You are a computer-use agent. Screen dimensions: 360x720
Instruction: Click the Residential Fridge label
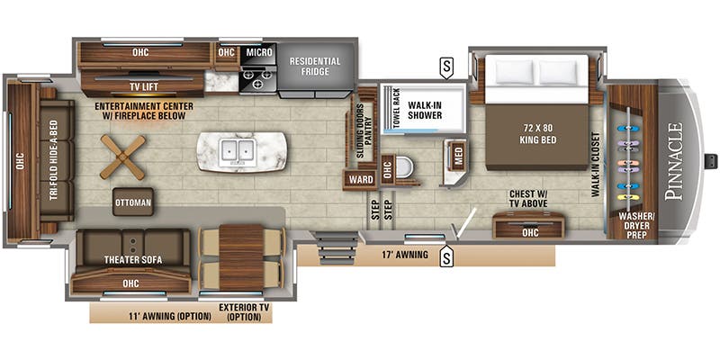[315, 67]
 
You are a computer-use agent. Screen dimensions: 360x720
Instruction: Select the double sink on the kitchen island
[240, 148]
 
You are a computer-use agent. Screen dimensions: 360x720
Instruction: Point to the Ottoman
[132, 202]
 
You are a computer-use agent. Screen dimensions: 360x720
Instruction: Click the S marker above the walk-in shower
[445, 65]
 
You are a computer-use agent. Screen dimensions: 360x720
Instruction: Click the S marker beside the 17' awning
[445, 259]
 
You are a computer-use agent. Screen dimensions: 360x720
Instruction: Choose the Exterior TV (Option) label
[243, 312]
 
